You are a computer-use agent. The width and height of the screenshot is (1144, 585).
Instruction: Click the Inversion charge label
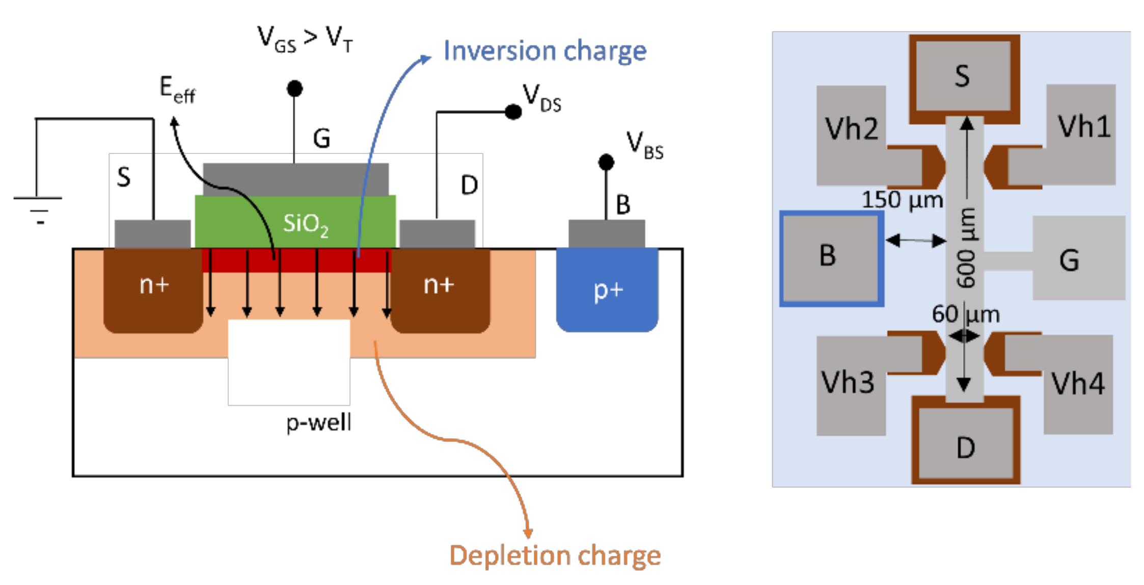click(544, 51)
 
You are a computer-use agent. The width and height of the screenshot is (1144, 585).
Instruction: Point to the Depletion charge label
click(555, 555)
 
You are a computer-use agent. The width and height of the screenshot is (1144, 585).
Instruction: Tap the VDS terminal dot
click(513, 111)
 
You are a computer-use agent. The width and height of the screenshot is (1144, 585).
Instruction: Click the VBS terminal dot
click(606, 162)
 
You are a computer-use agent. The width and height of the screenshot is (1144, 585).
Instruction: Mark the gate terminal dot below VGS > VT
click(294, 89)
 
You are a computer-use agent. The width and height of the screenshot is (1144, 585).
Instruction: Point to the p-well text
click(319, 422)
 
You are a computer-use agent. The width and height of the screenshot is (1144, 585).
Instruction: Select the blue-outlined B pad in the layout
click(831, 258)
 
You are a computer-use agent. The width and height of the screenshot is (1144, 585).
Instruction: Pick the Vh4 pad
click(1078, 387)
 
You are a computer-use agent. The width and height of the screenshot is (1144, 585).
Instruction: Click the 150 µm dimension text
click(902, 200)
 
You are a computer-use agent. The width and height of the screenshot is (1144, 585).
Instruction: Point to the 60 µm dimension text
click(966, 314)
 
